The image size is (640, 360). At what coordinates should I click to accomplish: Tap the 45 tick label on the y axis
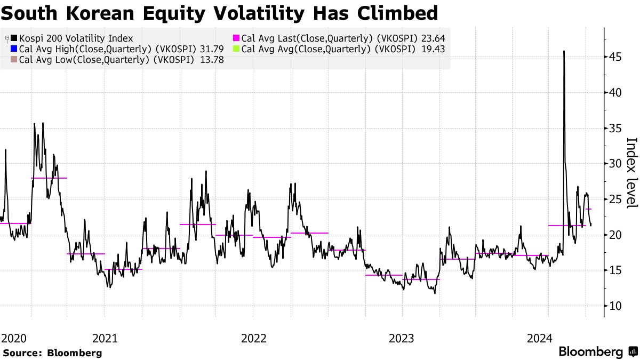tap(616, 57)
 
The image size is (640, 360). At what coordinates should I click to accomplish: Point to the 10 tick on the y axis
tap(616, 306)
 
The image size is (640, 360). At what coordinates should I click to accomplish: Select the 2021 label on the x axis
tap(105, 338)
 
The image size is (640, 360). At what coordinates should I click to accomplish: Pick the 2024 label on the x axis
tap(539, 338)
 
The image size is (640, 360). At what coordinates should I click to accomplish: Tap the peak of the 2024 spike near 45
tap(564, 52)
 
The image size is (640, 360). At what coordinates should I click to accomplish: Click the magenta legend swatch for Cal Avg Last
tap(236, 38)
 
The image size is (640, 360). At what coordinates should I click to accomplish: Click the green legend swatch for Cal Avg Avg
tap(236, 49)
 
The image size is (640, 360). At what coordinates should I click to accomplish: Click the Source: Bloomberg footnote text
tap(52, 353)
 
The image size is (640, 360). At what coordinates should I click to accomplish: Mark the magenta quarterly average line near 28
tap(49, 178)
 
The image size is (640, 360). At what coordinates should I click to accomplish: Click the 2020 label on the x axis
tap(14, 338)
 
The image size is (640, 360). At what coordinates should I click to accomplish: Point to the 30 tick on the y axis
tap(616, 164)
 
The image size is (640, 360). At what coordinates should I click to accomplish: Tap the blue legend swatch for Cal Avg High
tap(13, 49)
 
